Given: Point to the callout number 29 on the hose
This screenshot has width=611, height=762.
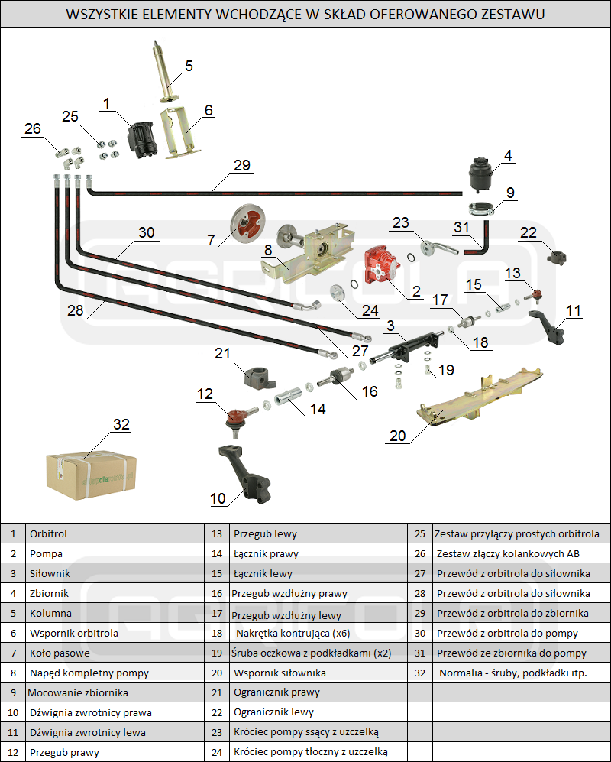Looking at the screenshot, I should click(x=242, y=165).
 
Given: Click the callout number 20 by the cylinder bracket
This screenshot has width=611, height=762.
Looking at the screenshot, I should click(x=397, y=435).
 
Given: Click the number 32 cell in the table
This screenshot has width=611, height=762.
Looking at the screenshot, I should click(x=419, y=673).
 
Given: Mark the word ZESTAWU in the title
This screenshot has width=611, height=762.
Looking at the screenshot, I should click(x=517, y=14).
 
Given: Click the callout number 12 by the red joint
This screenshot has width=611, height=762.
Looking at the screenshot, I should click(x=205, y=394).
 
